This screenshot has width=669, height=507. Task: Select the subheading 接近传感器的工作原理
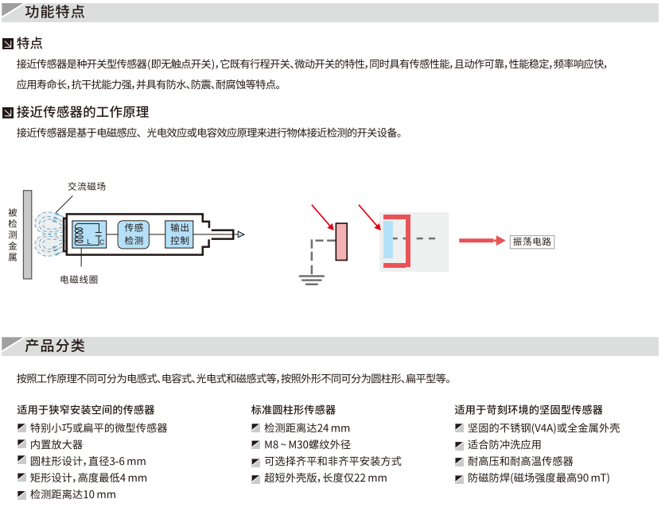coord(83,112)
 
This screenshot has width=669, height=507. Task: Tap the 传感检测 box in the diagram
coord(134,234)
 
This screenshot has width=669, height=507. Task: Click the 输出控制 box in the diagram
coord(180,234)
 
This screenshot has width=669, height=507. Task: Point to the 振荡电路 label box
coord(532,241)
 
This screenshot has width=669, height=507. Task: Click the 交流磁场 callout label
coord(87,186)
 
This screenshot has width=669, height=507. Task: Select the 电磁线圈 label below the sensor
coord(80,280)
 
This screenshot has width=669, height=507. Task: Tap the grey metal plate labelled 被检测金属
coord(28,234)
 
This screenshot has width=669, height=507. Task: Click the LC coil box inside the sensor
coord(89,234)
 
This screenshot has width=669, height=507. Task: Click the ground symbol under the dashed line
coord(311,277)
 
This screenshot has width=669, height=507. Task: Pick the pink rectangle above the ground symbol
coord(341,242)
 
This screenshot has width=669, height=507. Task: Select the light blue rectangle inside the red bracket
coord(387,239)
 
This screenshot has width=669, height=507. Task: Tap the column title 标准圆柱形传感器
coord(294,410)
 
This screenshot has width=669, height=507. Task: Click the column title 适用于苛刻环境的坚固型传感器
coord(529,410)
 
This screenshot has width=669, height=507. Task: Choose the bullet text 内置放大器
coord(56,444)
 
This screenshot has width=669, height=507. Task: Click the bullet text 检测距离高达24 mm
coord(307,428)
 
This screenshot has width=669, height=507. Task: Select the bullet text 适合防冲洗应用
coord(504,444)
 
